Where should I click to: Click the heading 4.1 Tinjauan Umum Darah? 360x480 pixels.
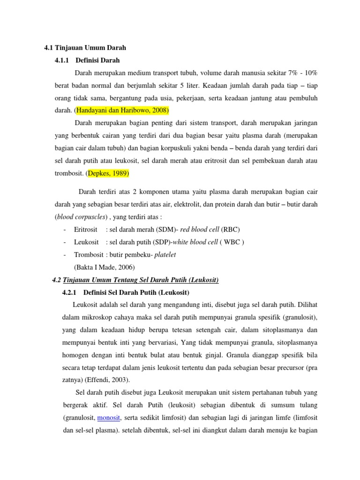pos(82,47)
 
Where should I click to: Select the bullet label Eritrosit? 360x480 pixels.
pos(86,229)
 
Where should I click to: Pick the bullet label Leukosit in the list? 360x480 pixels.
pos(86,242)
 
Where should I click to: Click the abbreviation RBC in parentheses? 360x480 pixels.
pos(231,229)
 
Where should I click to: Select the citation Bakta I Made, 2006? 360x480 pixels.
pos(104,267)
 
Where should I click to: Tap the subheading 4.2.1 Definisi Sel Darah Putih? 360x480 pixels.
pos(119,292)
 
